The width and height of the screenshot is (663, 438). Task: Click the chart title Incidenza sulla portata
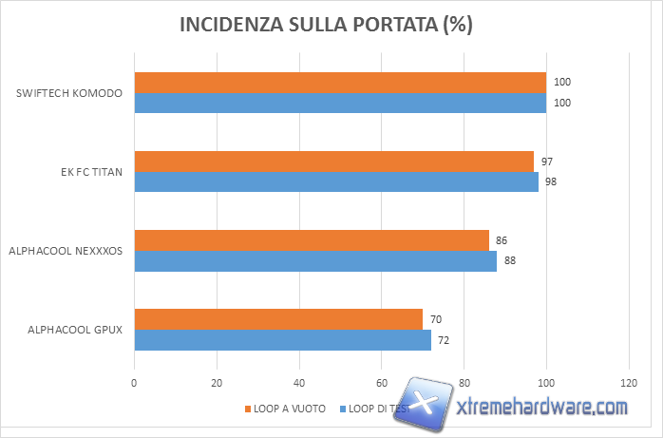coord(326,26)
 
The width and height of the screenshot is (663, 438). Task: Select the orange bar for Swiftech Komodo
coord(340,83)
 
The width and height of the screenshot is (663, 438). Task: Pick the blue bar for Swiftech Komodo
coord(340,103)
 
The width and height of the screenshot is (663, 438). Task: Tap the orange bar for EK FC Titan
coord(333,162)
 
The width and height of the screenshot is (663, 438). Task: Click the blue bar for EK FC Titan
coord(336,181)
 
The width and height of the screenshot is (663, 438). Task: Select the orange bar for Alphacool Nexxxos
coord(312,240)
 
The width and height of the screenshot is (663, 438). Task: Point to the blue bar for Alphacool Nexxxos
coord(315,260)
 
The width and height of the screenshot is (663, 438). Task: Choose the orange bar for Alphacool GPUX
coord(278,319)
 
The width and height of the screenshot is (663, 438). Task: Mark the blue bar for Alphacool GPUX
coord(282,339)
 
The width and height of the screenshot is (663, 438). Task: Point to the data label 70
coord(435,320)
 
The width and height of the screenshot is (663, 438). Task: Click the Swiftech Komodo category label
coord(71,93)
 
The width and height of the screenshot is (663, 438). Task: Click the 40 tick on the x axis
coord(299,383)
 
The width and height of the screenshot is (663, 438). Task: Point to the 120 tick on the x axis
coord(628,383)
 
